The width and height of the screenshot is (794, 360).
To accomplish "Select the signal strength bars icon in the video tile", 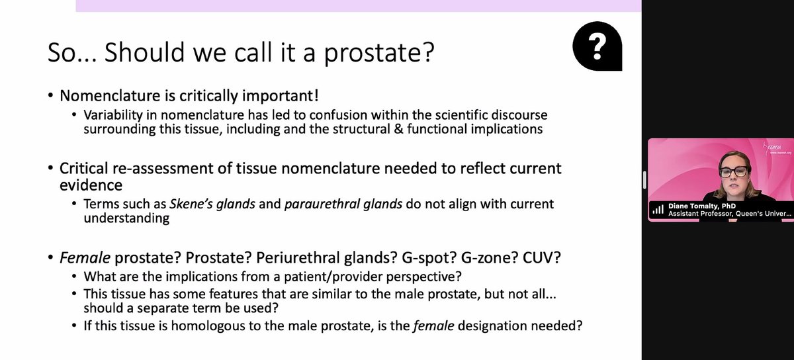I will [x=658, y=209].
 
